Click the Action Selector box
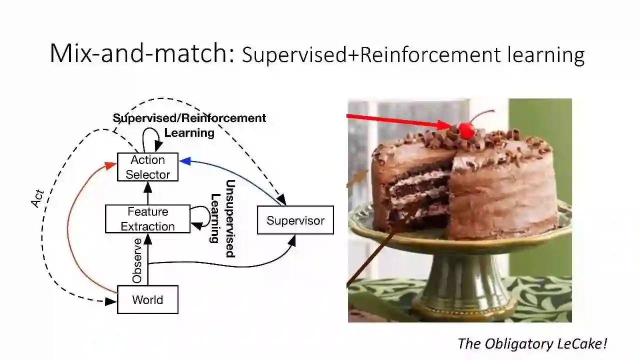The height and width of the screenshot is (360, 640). point(147,167)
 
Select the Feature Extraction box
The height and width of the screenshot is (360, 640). point(147,219)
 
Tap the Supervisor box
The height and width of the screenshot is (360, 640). point(295,220)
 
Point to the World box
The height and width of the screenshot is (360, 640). point(147,299)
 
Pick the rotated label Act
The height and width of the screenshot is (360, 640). point(38,198)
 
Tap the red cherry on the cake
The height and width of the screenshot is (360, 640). point(466,131)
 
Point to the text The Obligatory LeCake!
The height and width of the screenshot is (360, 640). point(532,343)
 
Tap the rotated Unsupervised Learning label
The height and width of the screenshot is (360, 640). point(222,218)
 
